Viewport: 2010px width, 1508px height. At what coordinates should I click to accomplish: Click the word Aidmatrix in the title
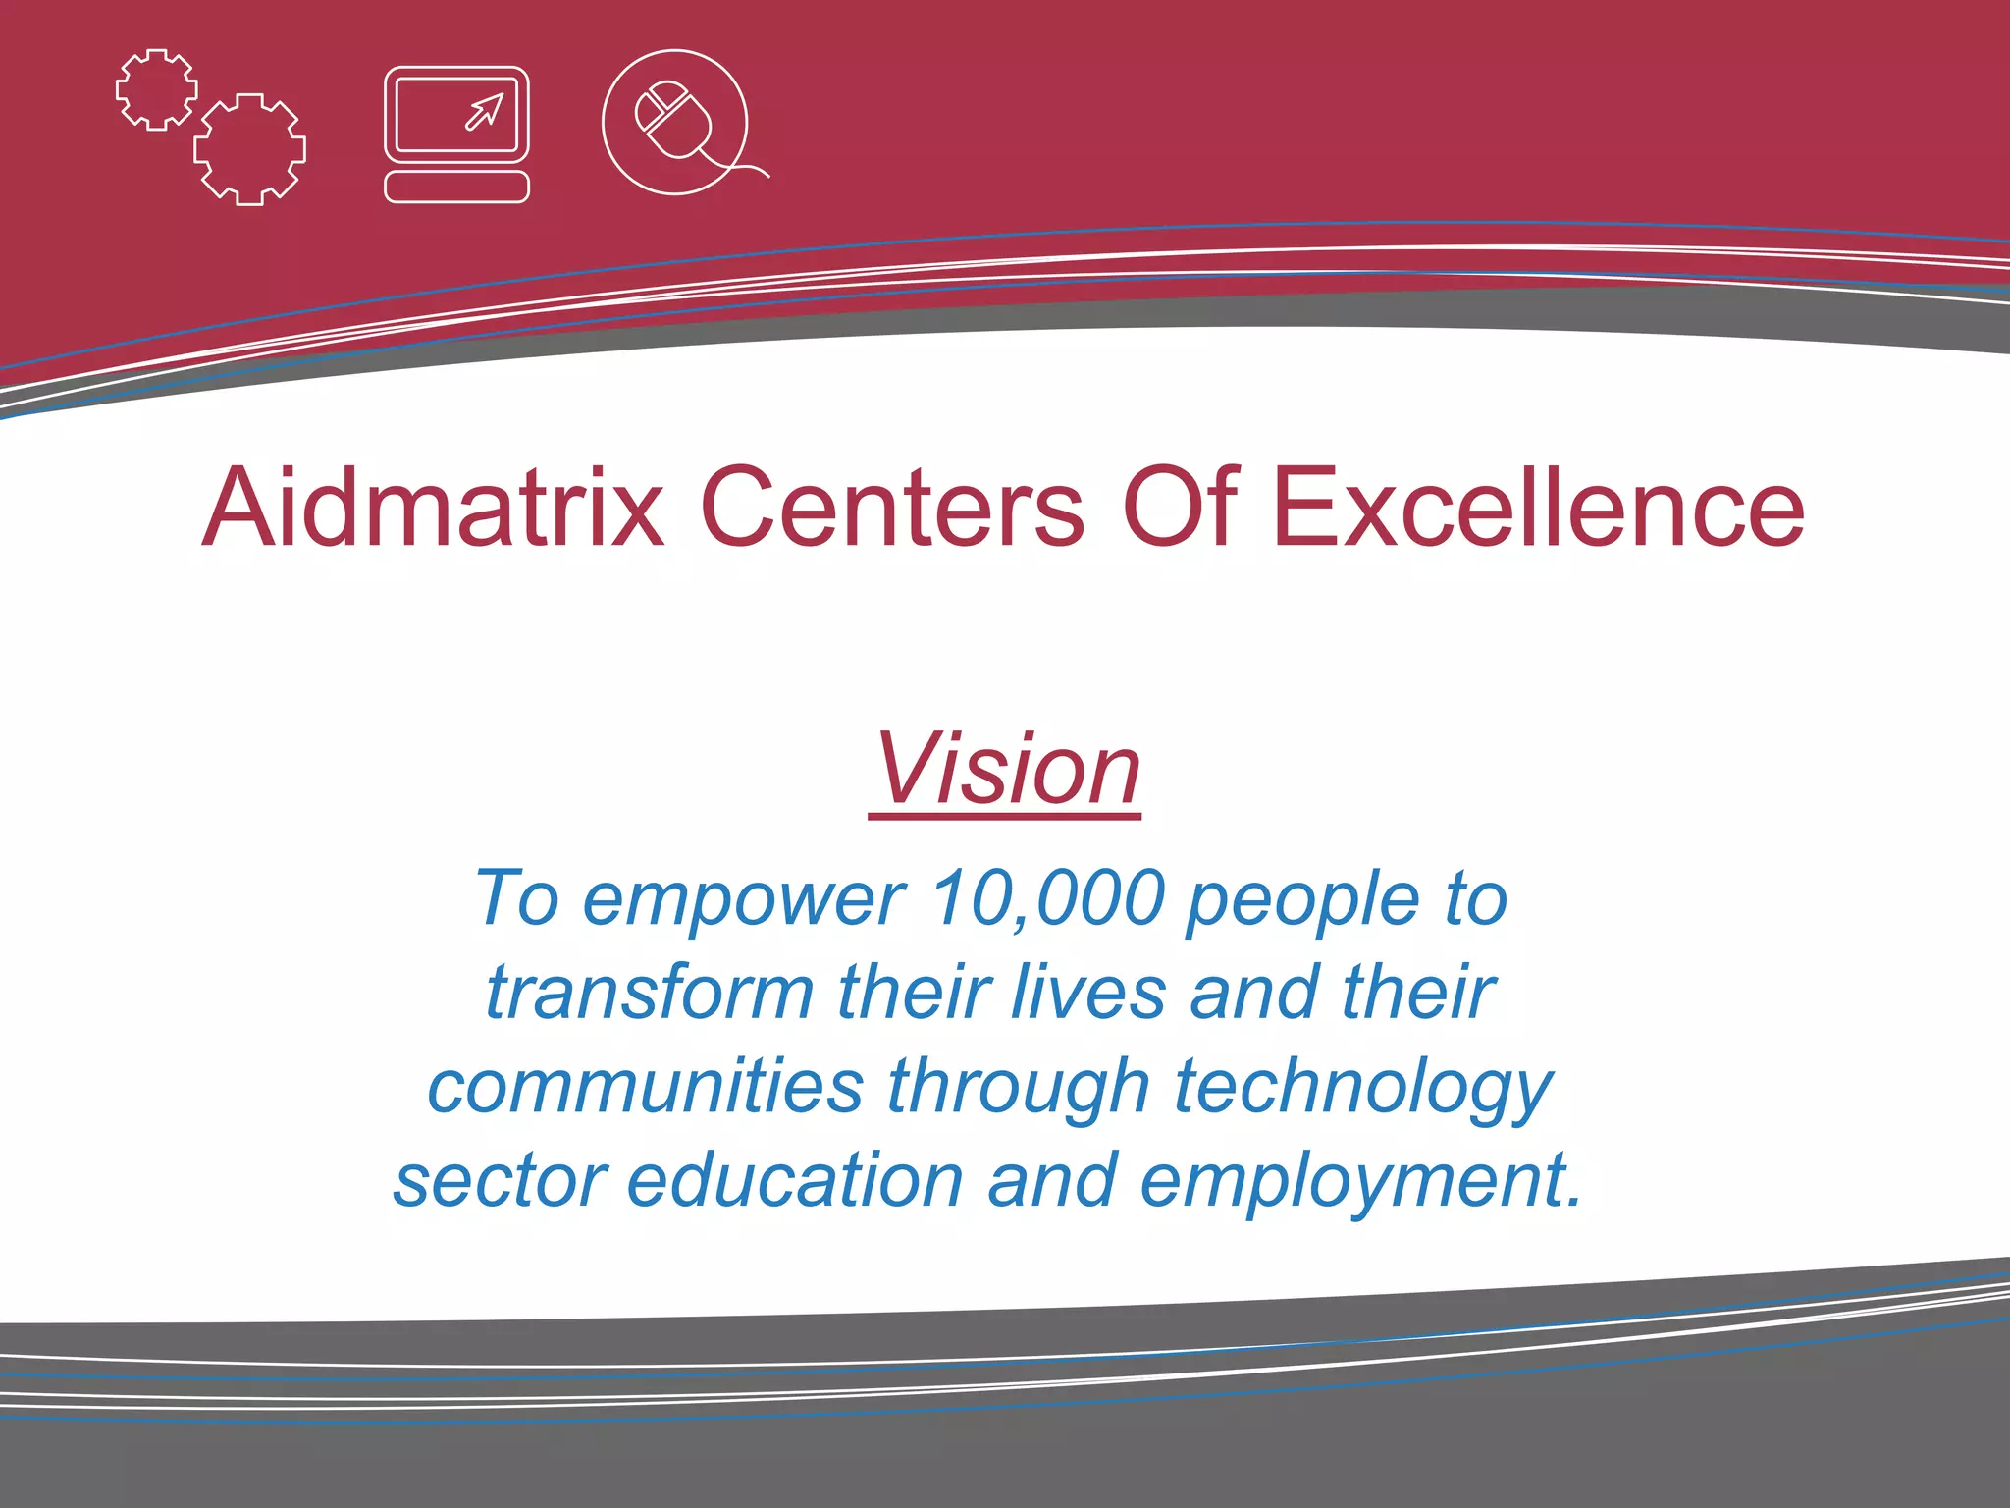pos(433,508)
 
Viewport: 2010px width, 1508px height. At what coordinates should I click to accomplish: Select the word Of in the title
pos(1180,508)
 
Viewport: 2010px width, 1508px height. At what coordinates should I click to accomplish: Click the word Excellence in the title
pos(1538,508)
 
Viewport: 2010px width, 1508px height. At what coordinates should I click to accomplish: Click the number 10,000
pos(1047,897)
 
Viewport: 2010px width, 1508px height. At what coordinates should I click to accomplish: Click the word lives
pos(1087,993)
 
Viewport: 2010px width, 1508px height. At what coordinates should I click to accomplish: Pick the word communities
pos(645,1086)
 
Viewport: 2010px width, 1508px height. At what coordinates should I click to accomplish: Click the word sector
pos(501,1180)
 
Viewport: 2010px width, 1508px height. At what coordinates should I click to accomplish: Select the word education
pos(795,1180)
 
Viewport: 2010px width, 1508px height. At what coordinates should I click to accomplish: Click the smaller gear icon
pos(156,89)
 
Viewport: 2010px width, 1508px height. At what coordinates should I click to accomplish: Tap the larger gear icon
pos(249,149)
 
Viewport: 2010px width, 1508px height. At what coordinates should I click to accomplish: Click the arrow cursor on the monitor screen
pos(484,112)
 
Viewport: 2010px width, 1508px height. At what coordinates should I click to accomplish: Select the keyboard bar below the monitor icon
pos(456,187)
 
